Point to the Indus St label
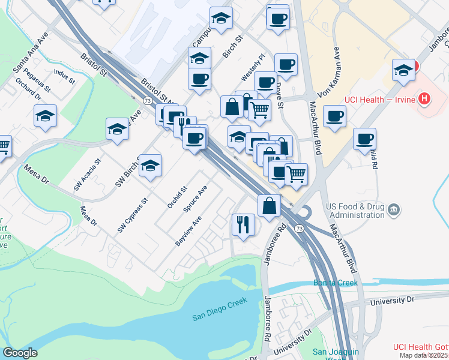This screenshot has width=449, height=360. coord(64,76)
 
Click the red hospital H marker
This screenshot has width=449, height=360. coord(425,98)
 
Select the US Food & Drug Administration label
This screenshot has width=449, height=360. coord(356,210)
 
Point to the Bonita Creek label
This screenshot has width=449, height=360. coord(335,283)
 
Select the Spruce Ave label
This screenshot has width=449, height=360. coord(196,200)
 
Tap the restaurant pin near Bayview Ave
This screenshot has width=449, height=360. coord(243,225)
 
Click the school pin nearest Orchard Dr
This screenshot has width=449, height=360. coord(45,117)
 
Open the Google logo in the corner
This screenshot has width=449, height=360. coord(20,353)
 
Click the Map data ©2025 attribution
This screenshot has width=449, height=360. coord(424,355)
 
